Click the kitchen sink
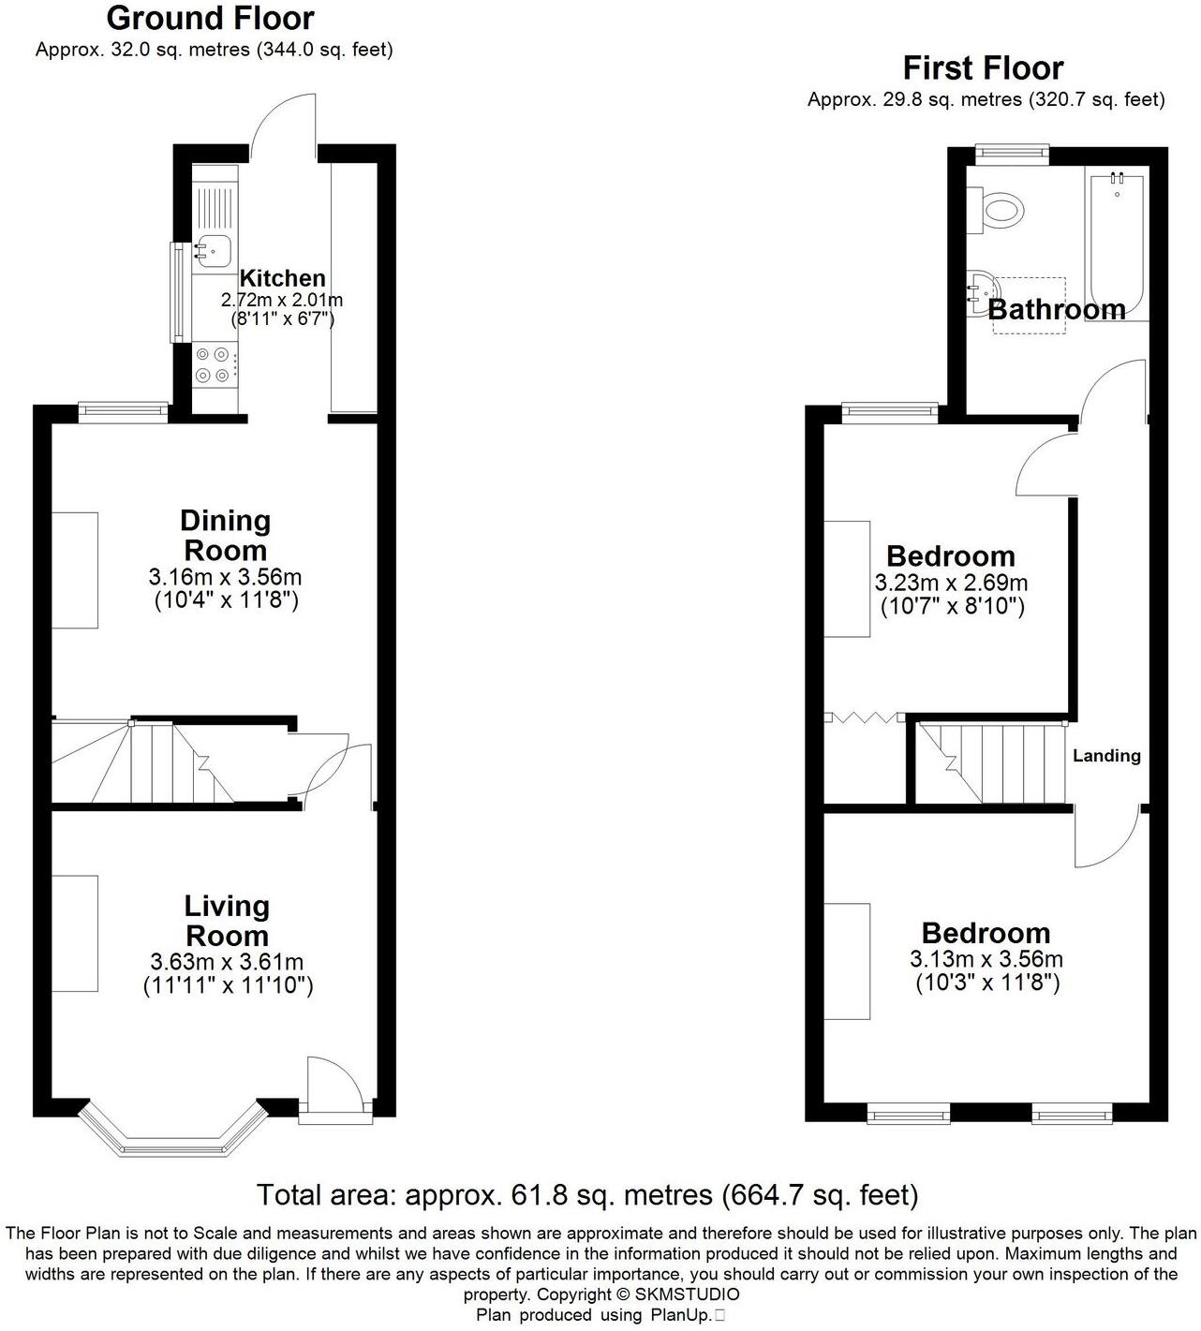pyautogui.click(x=215, y=250)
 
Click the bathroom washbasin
pyautogui.click(x=981, y=285)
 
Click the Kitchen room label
pyautogui.click(x=282, y=278)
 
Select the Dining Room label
pyautogui.click(x=226, y=535)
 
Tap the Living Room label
pyautogui.click(x=227, y=920)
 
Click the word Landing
pyautogui.click(x=1106, y=756)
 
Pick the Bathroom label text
pyautogui.click(x=1057, y=310)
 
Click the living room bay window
pyautogui.click(x=170, y=1132)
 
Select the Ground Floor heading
pyautogui.click(x=210, y=18)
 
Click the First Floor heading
pyautogui.click(x=983, y=68)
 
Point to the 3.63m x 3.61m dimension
pyautogui.click(x=227, y=962)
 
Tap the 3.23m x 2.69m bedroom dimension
pyautogui.click(x=951, y=583)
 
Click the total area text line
pyautogui.click(x=587, y=1195)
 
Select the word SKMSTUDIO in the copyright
pyautogui.click(x=687, y=1294)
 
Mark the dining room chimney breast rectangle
pyautogui.click(x=74, y=569)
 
